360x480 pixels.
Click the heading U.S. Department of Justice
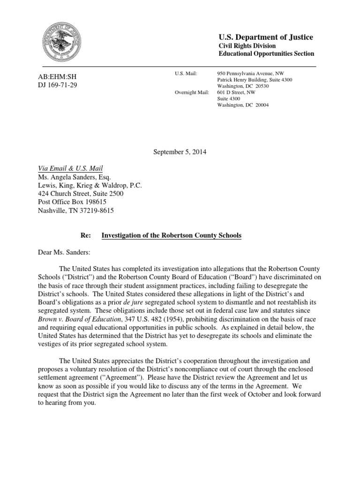click(x=266, y=37)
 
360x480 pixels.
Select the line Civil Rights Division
click(x=247, y=46)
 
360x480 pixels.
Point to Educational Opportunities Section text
click(x=267, y=54)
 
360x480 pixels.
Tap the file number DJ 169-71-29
click(x=57, y=85)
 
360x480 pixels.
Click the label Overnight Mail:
click(x=191, y=92)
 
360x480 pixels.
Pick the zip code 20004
click(x=260, y=105)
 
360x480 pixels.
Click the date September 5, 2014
click(x=180, y=152)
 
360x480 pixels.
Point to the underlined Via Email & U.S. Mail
click(x=70, y=168)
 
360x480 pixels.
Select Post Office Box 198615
click(x=72, y=202)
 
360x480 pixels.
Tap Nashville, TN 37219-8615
click(x=75, y=210)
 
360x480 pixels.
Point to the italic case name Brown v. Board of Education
click(x=74, y=319)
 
